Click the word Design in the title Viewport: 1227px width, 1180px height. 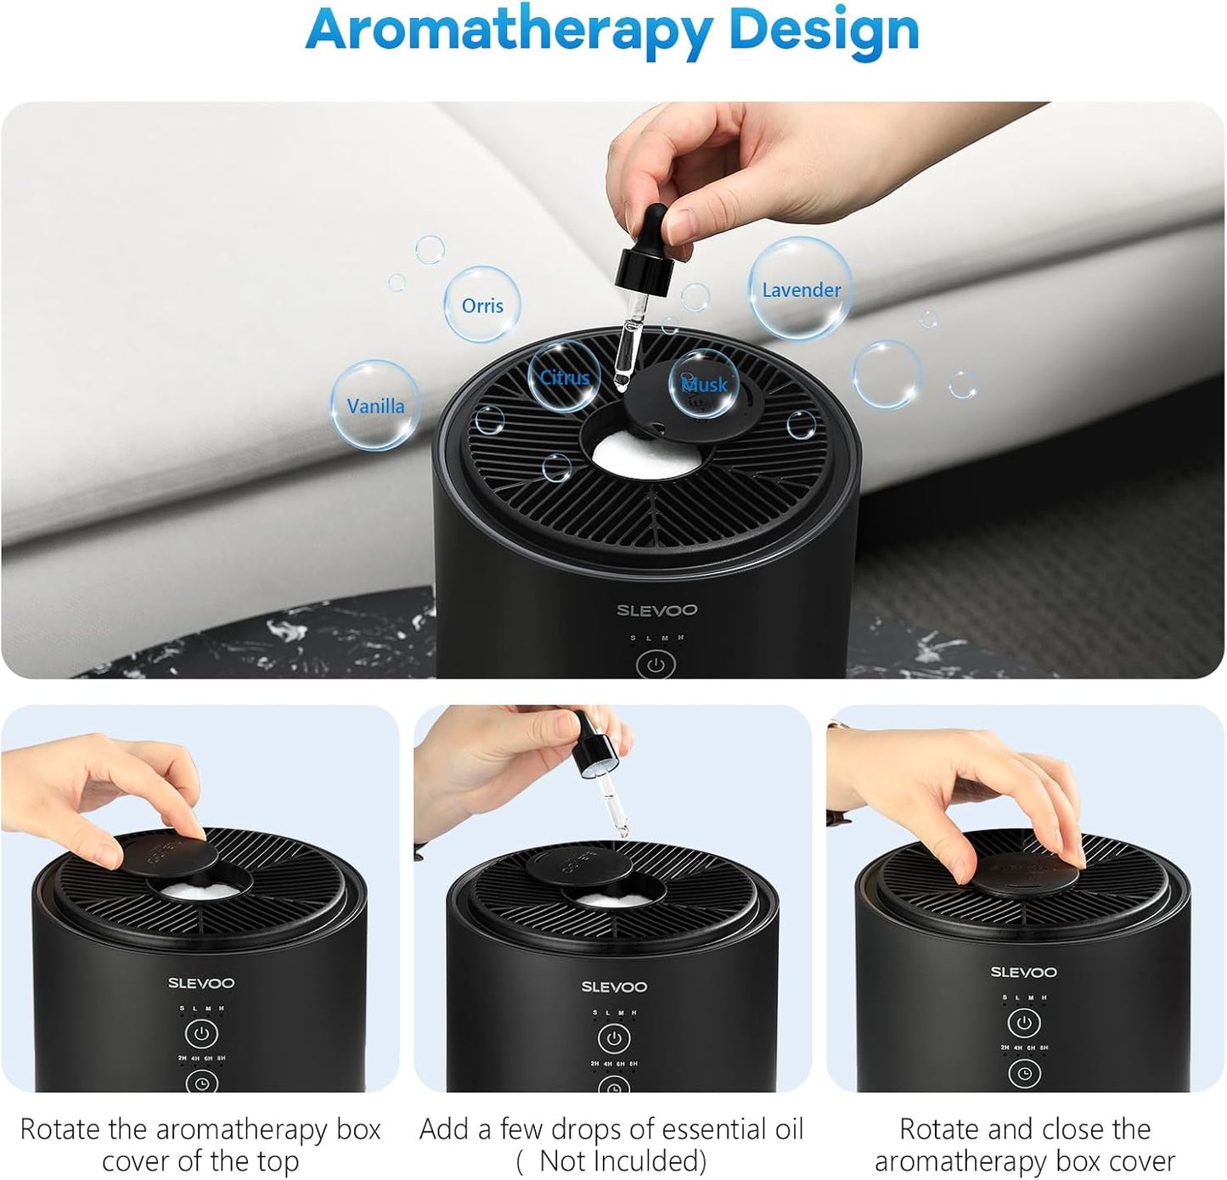coord(824,31)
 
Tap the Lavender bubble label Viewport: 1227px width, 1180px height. coord(801,289)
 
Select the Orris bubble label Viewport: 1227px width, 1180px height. coord(482,306)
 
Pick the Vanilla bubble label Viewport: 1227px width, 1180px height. coord(375,406)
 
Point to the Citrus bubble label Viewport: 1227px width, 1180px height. coord(565,378)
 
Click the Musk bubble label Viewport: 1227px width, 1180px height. coord(705,385)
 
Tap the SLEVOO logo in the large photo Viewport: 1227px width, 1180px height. coord(656,610)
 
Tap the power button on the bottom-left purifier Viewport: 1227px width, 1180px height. coord(201,1033)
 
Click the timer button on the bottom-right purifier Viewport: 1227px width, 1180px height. coord(1025,1074)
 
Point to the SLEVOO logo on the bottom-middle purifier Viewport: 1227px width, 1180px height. coord(614,986)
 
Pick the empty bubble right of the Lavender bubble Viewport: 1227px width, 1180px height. coord(887,374)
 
